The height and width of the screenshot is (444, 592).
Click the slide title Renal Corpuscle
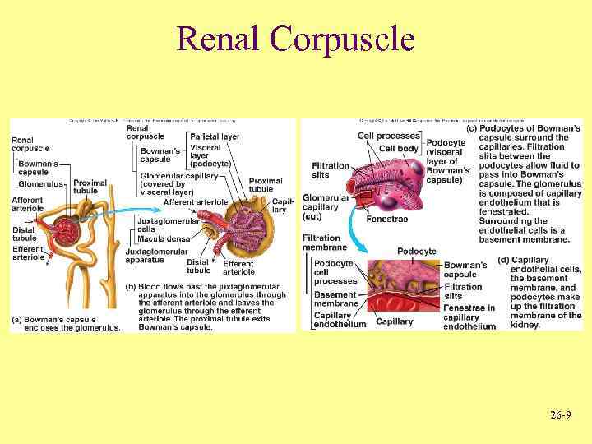(x=296, y=38)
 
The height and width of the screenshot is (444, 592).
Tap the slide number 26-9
(x=562, y=417)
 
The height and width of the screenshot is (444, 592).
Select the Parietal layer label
(x=214, y=136)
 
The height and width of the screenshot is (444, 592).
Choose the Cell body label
(x=397, y=149)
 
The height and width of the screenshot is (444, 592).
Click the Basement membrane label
(x=335, y=298)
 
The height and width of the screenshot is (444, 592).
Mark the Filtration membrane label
(x=325, y=243)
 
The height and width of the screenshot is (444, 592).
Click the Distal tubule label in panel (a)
(x=25, y=234)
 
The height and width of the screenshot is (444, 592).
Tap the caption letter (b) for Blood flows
(x=130, y=287)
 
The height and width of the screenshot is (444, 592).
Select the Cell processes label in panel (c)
(x=389, y=136)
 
